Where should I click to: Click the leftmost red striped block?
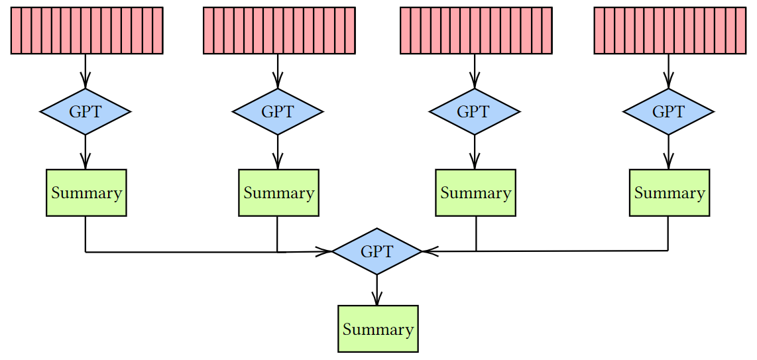click(x=86, y=30)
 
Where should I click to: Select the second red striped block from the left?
click(x=279, y=30)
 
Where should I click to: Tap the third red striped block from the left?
click(x=476, y=30)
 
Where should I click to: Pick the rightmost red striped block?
click(x=670, y=30)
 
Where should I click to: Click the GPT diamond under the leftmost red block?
click(x=86, y=111)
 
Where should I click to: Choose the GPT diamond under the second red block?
click(x=278, y=111)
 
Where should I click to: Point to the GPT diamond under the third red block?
click(x=474, y=111)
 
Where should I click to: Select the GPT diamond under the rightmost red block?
click(x=668, y=111)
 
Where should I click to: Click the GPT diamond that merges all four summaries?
click(x=377, y=251)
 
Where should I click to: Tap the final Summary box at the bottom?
click(x=378, y=329)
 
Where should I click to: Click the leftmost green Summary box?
click(x=86, y=193)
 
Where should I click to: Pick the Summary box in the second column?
click(x=278, y=193)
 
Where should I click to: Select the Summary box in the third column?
click(x=475, y=193)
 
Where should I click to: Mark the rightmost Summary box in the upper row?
click(x=669, y=193)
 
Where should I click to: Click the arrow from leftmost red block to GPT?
click(x=86, y=71)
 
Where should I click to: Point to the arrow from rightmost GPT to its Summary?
click(x=668, y=152)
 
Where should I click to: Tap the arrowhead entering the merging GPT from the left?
click(x=325, y=252)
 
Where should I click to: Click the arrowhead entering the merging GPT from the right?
click(x=428, y=251)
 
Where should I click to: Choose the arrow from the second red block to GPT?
click(x=278, y=71)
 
